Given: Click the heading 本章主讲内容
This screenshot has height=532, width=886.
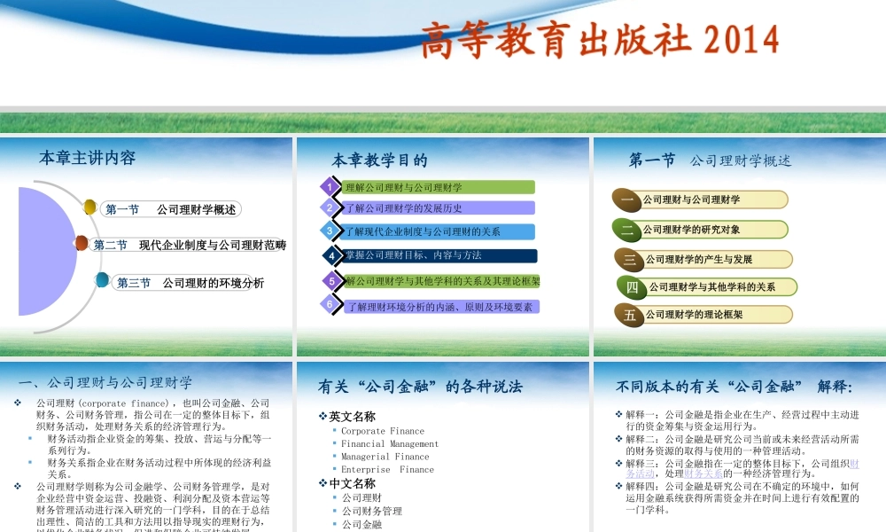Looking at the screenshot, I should [88, 159].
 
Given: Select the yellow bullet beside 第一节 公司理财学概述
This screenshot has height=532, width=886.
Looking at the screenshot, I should [89, 207].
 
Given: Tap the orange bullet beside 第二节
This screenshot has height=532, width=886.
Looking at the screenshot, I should [82, 243].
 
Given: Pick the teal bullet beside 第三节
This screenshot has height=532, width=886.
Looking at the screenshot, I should [103, 281].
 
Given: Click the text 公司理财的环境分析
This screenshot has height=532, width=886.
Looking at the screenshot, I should [214, 284].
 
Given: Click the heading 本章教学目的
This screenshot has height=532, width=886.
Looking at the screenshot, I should [379, 160].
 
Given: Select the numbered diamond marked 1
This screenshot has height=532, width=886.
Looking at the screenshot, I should [330, 187].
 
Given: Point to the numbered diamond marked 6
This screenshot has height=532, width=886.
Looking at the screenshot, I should [330, 305].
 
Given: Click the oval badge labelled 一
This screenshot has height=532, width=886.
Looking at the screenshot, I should [627, 199].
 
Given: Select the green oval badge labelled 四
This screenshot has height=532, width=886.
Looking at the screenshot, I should [632, 287].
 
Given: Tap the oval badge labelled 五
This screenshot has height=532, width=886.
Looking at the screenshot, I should [630, 315].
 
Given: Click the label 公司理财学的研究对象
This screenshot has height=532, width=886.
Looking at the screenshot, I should [692, 230].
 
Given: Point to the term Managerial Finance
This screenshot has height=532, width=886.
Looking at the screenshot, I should [385, 457].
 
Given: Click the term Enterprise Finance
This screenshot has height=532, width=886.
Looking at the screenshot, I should [387, 470].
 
